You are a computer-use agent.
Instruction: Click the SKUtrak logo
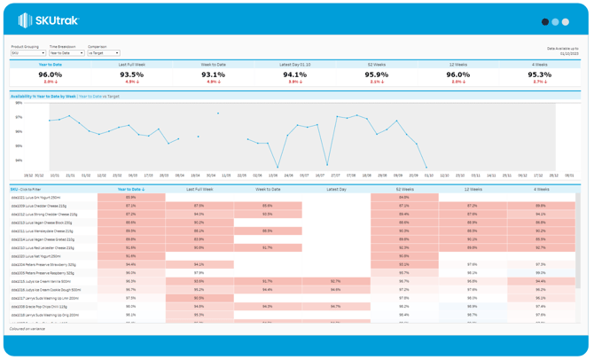[x=48, y=20]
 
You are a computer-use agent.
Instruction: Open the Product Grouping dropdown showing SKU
[x=27, y=53]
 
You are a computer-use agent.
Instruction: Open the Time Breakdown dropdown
[x=66, y=53]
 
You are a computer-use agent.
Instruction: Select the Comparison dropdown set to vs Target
[x=103, y=53]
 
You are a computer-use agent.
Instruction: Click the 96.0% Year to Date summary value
[x=51, y=74]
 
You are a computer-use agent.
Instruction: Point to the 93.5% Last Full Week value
[x=131, y=74]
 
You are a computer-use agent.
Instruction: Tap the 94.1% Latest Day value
[x=294, y=74]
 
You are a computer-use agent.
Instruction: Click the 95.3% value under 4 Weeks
[x=539, y=74]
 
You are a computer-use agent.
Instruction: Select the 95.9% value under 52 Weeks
[x=376, y=74]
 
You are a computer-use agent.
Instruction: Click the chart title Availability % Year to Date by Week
[x=43, y=96]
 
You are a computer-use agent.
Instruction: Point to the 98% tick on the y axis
[x=19, y=103]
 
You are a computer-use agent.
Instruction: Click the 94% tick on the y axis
[x=19, y=160]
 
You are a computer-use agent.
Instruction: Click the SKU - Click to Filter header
[x=27, y=189]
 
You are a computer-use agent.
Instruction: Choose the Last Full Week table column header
[x=199, y=189]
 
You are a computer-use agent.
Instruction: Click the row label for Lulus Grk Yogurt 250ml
[x=37, y=198]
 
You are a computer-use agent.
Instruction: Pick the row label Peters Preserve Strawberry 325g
[x=43, y=264]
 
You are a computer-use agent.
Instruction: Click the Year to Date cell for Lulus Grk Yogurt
[x=131, y=198]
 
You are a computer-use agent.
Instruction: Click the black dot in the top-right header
[x=544, y=21]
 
